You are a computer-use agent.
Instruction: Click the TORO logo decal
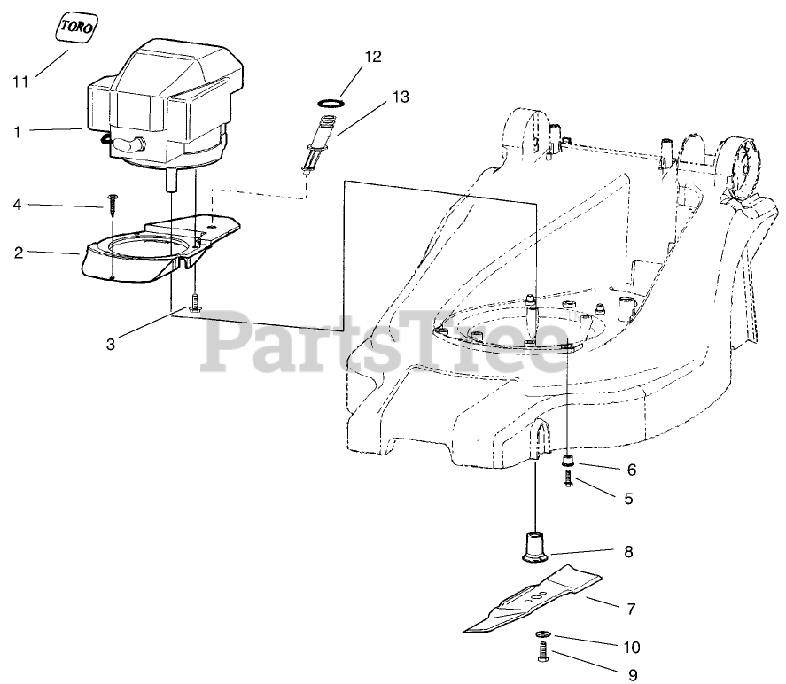71,27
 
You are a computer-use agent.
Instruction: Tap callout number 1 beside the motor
18,132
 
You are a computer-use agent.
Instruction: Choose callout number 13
401,97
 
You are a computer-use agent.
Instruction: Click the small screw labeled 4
113,204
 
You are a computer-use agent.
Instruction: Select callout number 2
18,253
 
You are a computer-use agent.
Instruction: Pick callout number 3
111,345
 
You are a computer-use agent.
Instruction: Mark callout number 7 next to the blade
631,609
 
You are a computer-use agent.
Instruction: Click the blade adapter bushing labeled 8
533,545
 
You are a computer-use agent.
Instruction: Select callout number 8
627,552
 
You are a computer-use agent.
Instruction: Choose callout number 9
633,675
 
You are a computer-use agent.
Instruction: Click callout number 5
628,499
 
